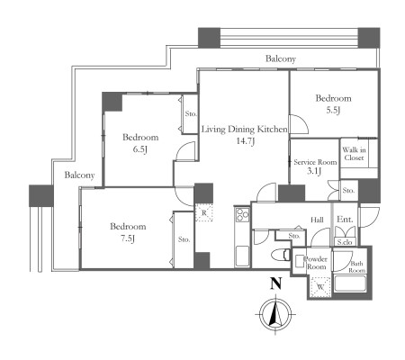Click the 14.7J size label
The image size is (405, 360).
coord(246,141)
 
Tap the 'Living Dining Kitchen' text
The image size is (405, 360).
coord(244,130)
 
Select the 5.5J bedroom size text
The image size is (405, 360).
coord(333,111)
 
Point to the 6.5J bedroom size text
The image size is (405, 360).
coord(140,149)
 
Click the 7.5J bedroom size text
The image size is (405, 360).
coord(128,238)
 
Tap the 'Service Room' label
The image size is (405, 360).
coord(315,162)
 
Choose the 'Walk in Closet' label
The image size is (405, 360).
coord(354,154)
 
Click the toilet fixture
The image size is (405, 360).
coord(281,256)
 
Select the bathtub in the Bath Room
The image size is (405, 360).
coord(350,283)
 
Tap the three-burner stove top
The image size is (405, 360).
coord(242,215)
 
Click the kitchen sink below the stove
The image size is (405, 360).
coord(242,256)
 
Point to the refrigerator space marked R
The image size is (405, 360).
coord(204,212)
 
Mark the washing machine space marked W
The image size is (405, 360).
coord(320,287)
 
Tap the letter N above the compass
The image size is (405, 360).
coord(275,283)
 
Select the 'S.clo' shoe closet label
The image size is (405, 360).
coord(345,242)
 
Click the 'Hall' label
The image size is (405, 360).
coord(317,220)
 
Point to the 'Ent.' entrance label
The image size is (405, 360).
coord(345,220)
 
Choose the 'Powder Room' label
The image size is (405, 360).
coord(316,263)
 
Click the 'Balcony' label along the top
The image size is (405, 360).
coord(281,58)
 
